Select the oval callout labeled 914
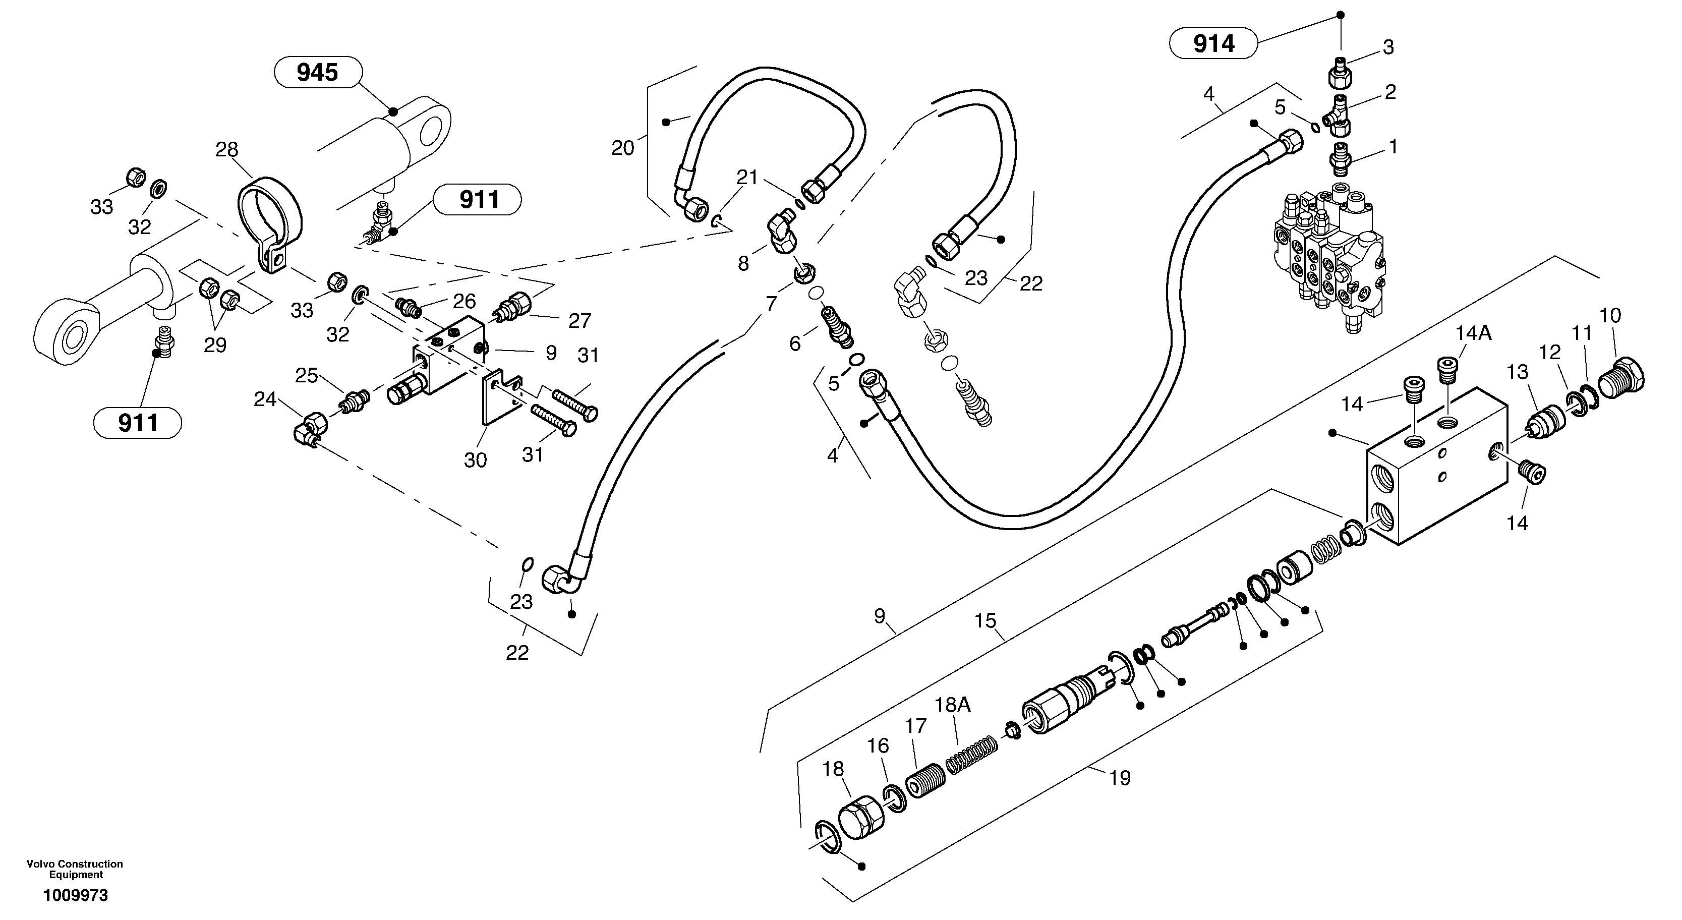click(x=1213, y=44)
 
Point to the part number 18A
click(x=953, y=705)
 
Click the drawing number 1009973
click(x=76, y=895)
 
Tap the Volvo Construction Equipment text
click(x=75, y=869)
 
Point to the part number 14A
click(x=1473, y=333)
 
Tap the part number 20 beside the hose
click(x=622, y=148)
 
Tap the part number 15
click(x=985, y=620)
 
